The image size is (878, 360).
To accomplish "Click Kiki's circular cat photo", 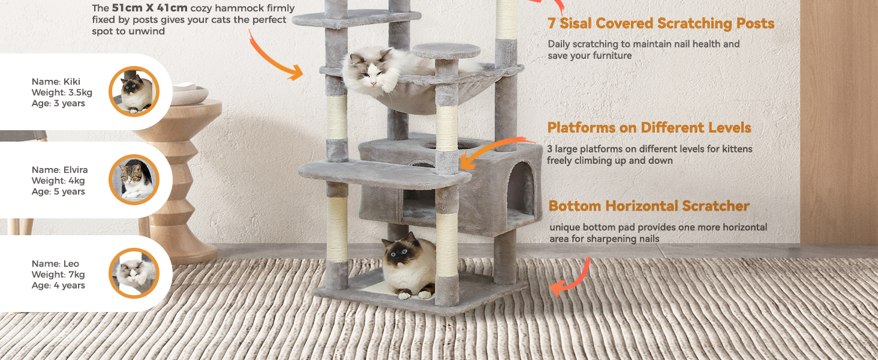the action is (x=134, y=91).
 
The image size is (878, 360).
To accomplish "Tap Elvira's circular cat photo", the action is (x=134, y=179).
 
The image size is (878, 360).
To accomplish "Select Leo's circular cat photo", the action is (x=134, y=273).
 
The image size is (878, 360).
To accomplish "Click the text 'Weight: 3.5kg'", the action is (x=62, y=92).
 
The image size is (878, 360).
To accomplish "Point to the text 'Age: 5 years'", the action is (x=58, y=191).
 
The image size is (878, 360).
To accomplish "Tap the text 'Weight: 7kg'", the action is (x=58, y=275).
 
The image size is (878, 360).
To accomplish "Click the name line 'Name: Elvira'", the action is (x=59, y=170).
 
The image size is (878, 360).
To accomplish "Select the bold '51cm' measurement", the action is (x=127, y=8).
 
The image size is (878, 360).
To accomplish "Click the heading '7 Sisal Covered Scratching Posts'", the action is (x=661, y=23).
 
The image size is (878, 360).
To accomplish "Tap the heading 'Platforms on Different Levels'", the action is (x=649, y=127).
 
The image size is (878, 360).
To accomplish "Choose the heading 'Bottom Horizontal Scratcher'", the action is (x=649, y=206).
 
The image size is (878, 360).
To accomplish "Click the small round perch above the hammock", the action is (x=446, y=50).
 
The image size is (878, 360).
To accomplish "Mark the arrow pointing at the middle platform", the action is (x=495, y=147).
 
